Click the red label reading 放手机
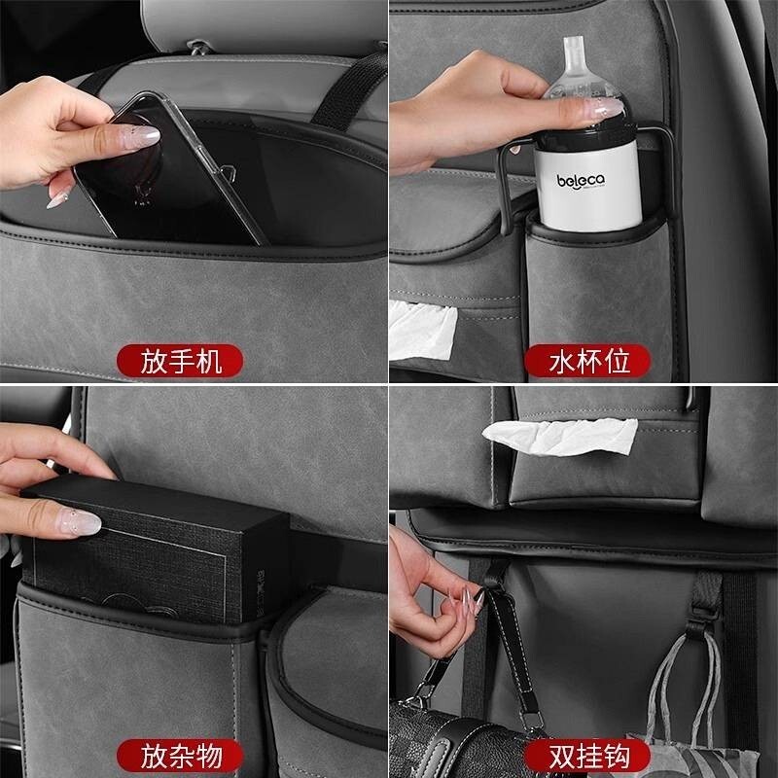(180, 361)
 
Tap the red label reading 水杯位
(587, 361)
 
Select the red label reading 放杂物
(180, 756)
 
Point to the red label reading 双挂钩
(587, 756)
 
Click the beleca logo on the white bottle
(581, 181)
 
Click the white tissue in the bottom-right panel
(561, 437)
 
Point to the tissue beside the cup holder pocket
(421, 330)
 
